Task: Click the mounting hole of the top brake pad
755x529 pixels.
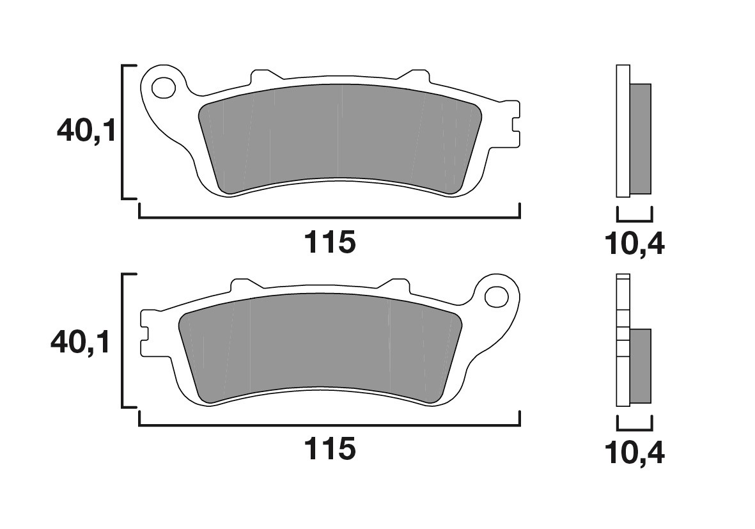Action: pos(164,87)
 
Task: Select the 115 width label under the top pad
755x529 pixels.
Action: pos(329,242)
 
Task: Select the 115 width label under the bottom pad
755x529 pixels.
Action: pos(329,450)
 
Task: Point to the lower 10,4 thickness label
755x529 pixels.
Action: pos(634,453)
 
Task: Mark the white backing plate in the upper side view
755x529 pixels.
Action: pos(623,131)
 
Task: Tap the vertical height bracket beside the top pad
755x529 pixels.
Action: pos(123,132)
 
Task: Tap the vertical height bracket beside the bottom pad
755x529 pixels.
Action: pos(123,340)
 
